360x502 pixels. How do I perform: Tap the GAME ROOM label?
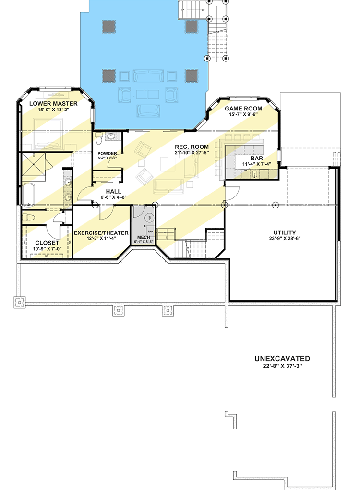coord(243,109)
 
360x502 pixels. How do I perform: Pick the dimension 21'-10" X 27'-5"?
coord(192,153)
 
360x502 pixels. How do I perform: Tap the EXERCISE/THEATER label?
coord(101,233)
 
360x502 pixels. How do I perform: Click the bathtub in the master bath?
coord(28,195)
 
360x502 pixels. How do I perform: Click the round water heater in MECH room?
coord(150,218)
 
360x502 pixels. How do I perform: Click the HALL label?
coord(113,191)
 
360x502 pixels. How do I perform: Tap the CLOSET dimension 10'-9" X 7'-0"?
coord(47,249)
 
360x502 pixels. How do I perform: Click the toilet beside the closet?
coord(29,217)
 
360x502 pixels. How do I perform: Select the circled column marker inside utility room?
coord(276,205)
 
